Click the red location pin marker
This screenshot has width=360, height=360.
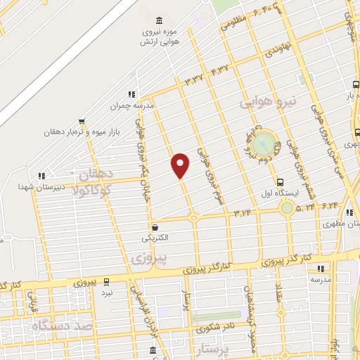[181, 165]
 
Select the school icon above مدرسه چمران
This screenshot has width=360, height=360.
[131, 94]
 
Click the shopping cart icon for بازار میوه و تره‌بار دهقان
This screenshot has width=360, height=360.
[82, 121]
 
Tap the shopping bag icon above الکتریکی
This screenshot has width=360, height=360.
[155, 227]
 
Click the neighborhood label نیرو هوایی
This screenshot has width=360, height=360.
[269, 103]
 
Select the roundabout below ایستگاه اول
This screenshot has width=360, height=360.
[286, 207]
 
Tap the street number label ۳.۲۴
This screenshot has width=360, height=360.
[243, 210]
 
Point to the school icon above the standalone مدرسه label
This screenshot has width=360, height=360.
[321, 268]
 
